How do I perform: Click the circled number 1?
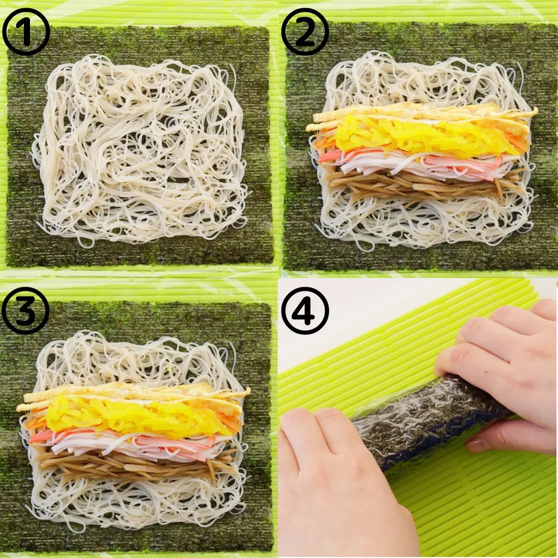click(26, 32)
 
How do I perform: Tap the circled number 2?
click(305, 32)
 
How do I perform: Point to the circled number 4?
click(305, 311)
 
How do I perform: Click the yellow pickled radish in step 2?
click(420, 137)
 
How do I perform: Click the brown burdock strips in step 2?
click(420, 183)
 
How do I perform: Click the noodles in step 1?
click(141, 149)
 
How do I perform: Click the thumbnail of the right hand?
click(478, 444)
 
